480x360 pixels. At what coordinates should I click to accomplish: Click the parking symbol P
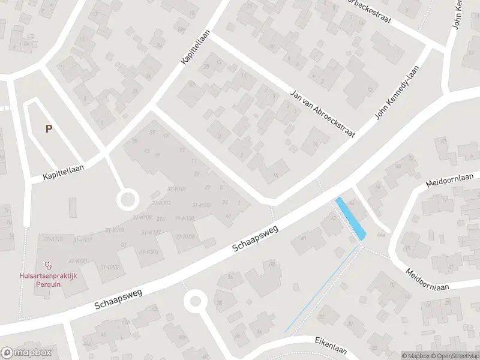(48, 128)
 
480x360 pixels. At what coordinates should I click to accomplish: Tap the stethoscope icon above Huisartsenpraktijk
(48, 265)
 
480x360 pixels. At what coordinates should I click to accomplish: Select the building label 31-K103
(161, 203)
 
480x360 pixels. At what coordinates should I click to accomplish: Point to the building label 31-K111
(83, 239)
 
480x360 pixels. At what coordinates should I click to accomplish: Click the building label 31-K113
(53, 239)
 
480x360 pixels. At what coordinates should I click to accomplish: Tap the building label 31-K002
(110, 268)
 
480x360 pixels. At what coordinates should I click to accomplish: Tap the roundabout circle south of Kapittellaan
(127, 199)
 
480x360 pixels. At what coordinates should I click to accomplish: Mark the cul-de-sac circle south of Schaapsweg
(195, 301)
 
